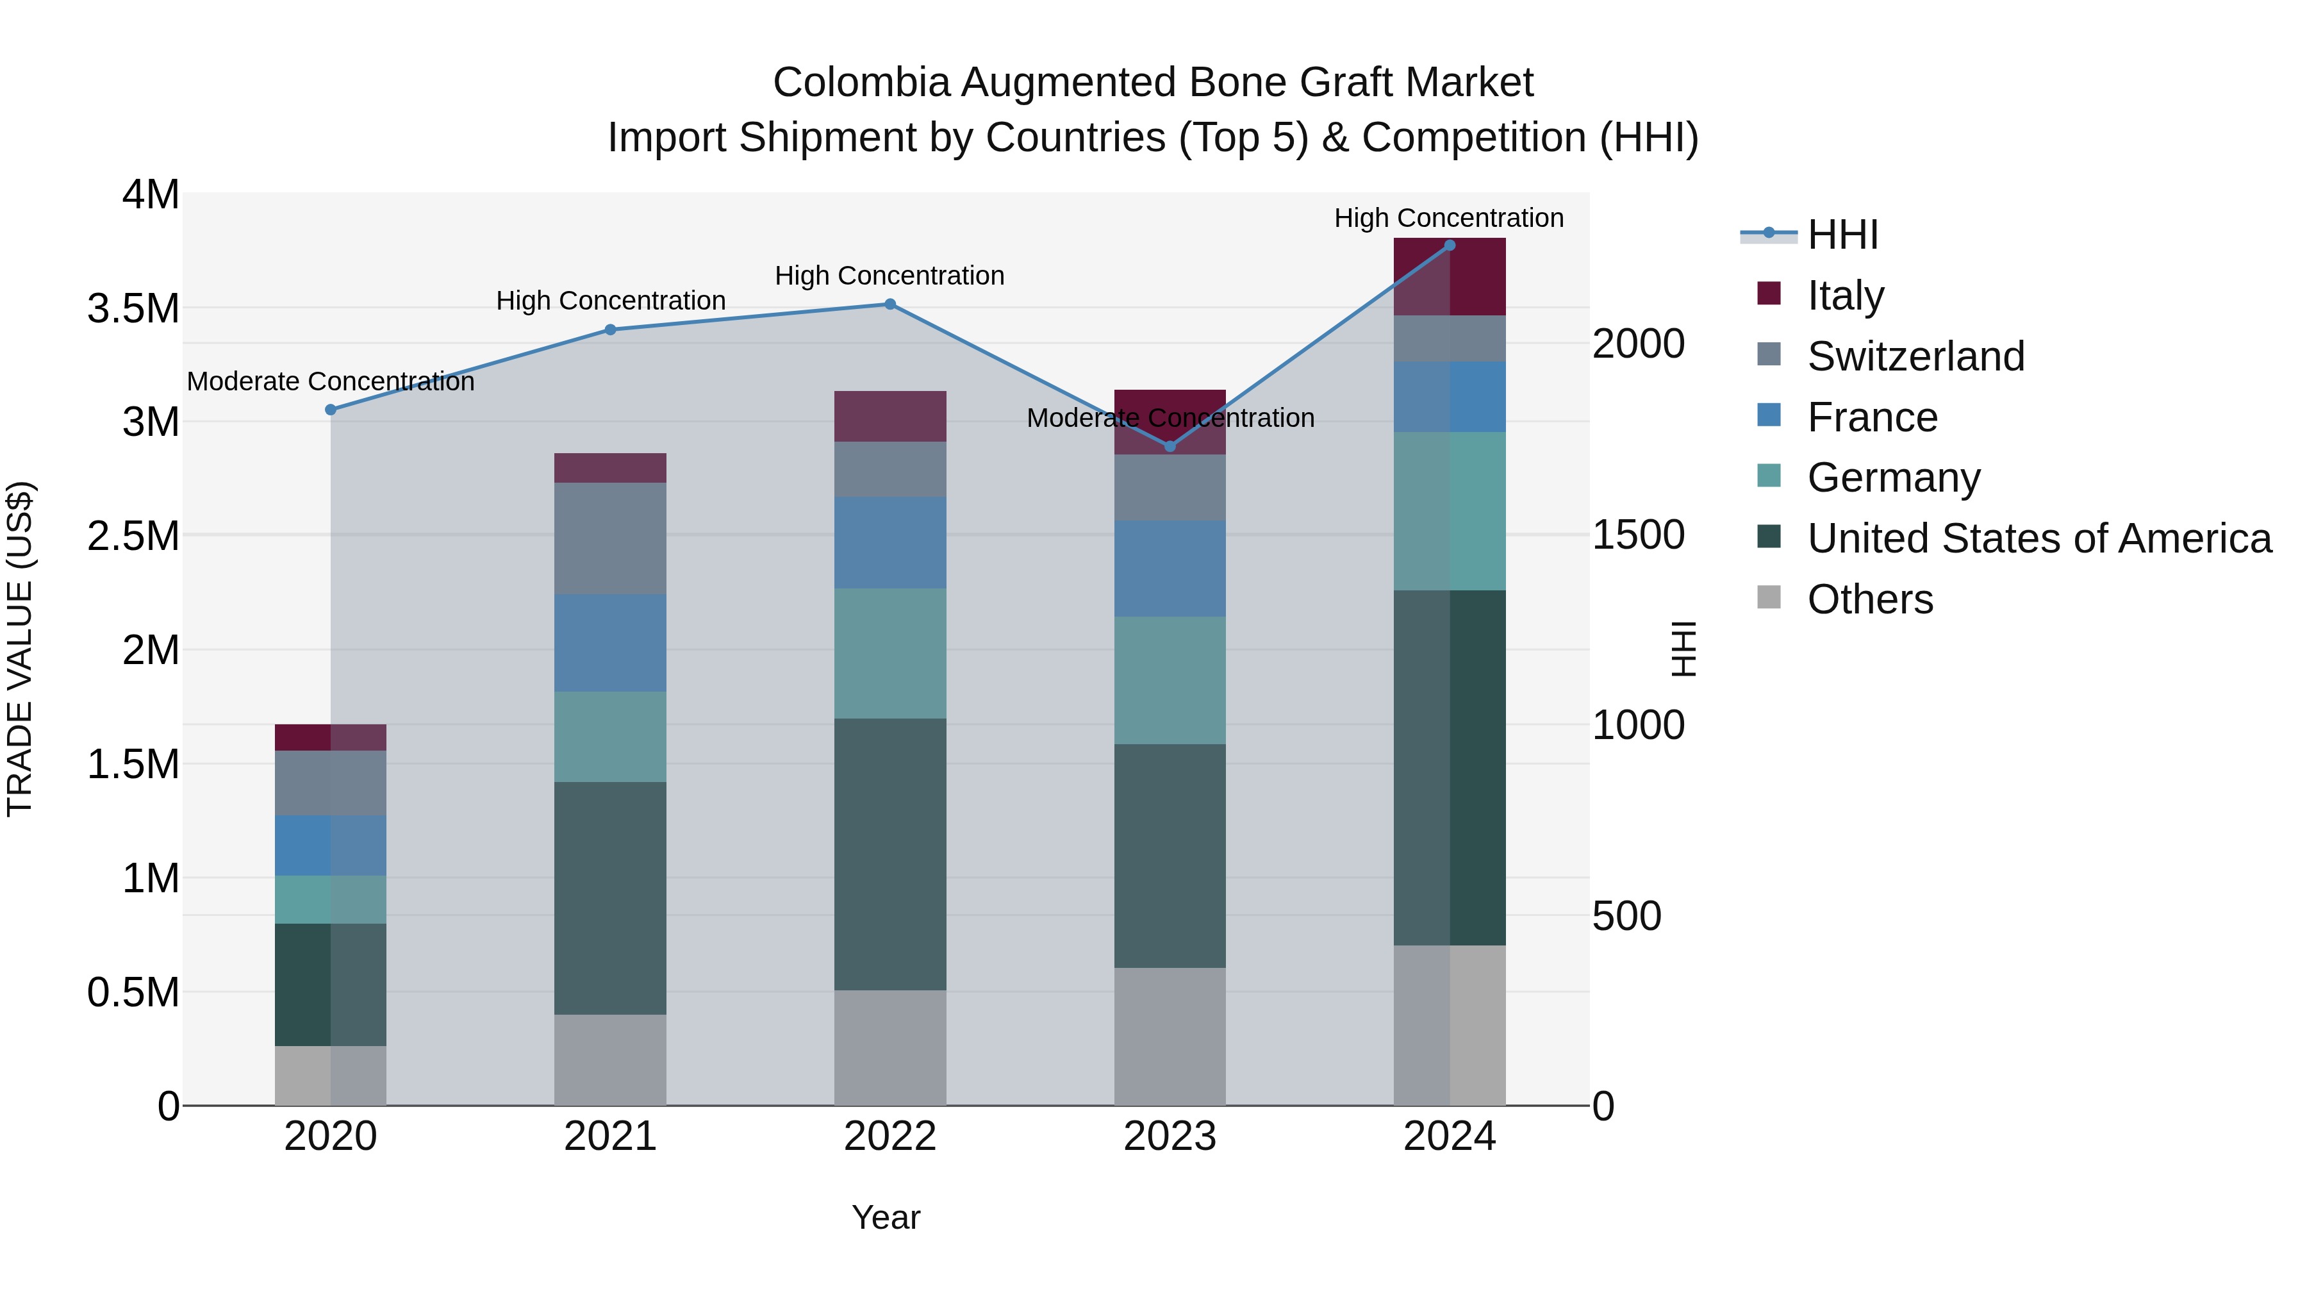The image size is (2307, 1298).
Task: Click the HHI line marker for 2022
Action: [x=889, y=304]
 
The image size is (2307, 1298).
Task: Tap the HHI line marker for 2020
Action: [x=331, y=410]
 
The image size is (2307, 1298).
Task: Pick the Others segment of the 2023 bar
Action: [x=1170, y=1036]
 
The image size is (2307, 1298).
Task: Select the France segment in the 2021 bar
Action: [x=610, y=642]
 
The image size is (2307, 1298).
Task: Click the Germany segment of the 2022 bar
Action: [x=889, y=653]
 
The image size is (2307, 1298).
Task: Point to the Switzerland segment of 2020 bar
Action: [x=331, y=782]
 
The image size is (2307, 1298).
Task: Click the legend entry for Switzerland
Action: [x=1915, y=356]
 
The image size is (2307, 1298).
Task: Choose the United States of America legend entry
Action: [x=2038, y=538]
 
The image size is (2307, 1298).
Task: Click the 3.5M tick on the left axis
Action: [x=133, y=309]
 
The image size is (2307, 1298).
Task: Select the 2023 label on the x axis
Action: [x=1170, y=1136]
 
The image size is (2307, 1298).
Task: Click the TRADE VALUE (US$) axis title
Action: [x=21, y=649]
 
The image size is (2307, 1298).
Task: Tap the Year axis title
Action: [x=886, y=1217]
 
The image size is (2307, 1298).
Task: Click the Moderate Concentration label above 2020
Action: [x=331, y=381]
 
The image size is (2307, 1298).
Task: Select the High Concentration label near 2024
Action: [x=1448, y=219]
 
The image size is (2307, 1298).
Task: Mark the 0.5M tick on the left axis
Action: [x=133, y=992]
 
